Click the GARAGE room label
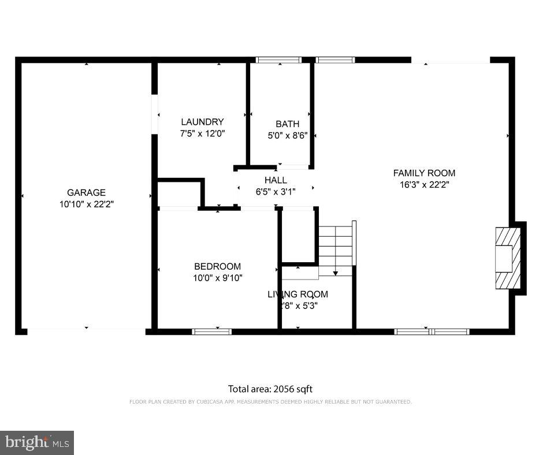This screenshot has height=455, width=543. tap(86, 192)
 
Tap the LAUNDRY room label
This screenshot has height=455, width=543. tap(202, 122)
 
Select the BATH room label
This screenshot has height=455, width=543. tap(287, 124)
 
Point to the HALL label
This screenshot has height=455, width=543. tap(276, 180)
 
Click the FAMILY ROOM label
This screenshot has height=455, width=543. tap(424, 173)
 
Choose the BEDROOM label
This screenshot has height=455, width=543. tap(217, 266)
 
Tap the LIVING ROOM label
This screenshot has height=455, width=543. tap(297, 294)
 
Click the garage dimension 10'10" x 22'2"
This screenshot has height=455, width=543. tap(86, 204)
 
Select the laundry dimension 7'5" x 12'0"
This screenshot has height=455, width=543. tap(202, 133)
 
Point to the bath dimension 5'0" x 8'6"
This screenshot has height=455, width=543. tap(287, 136)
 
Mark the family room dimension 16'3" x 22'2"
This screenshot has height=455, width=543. tap(424, 185)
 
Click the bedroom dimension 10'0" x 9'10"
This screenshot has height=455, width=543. tap(217, 278)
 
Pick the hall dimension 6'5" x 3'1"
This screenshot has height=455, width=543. tap(276, 192)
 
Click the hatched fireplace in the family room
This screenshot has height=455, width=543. tap(508, 258)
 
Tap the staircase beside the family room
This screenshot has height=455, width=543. tap(336, 245)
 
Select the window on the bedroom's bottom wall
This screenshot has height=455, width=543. tap(211, 331)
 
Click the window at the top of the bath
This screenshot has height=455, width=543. tap(278, 59)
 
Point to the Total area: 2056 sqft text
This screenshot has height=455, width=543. tap(270, 389)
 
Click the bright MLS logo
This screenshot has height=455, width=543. tap(37, 442)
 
